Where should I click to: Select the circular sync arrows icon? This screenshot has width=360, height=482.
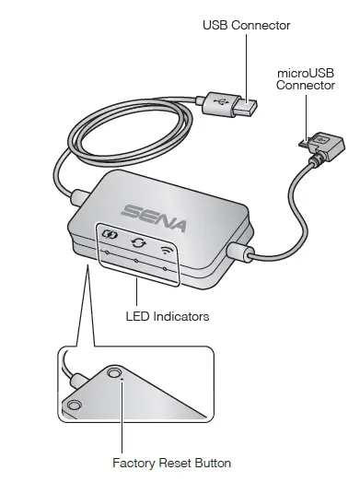tap(138, 244)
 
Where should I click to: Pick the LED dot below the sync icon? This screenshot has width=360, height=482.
tap(136, 261)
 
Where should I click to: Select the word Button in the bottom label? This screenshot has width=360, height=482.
tap(212, 463)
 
